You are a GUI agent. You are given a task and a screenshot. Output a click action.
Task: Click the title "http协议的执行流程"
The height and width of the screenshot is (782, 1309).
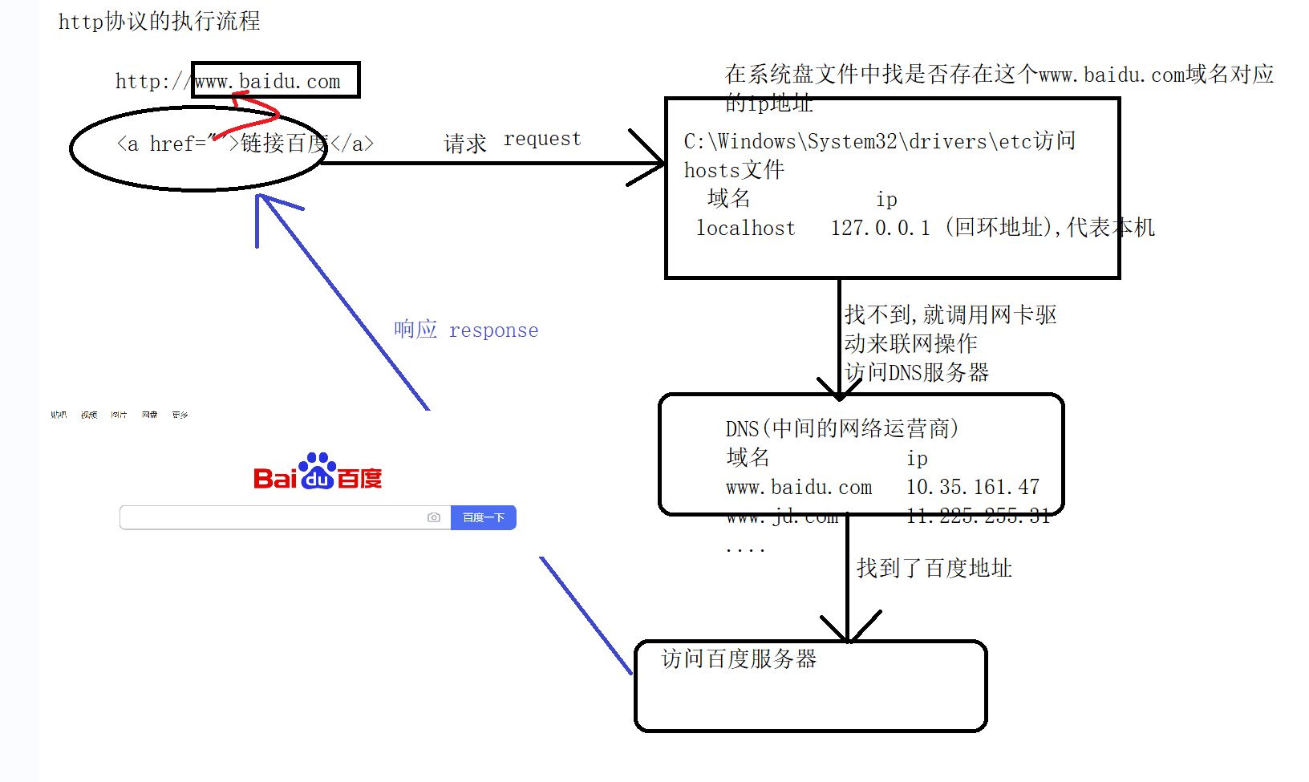[x=159, y=22]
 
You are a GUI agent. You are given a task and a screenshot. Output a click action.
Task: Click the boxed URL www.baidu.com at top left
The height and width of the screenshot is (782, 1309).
[x=268, y=81]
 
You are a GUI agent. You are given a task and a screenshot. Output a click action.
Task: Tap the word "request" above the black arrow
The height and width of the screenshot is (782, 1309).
[x=541, y=139]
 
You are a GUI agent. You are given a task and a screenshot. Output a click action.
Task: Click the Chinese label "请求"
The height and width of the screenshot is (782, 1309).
[x=465, y=144]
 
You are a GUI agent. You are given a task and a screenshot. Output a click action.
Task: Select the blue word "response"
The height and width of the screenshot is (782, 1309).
[x=493, y=330]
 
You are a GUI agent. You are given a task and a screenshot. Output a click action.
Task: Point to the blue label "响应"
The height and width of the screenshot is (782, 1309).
[x=415, y=330]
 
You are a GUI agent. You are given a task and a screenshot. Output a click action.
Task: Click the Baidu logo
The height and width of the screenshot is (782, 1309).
[x=318, y=472]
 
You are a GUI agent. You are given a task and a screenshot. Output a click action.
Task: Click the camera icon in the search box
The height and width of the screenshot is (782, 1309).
[x=434, y=517]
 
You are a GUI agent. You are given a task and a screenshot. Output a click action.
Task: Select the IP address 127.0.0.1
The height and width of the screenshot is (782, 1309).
[x=880, y=229]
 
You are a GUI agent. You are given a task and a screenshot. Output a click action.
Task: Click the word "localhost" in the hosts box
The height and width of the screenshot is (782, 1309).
[x=746, y=229]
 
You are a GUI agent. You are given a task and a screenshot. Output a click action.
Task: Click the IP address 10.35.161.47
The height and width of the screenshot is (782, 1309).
[x=972, y=487]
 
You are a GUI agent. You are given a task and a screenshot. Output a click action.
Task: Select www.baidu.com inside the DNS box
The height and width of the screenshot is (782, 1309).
[x=798, y=487]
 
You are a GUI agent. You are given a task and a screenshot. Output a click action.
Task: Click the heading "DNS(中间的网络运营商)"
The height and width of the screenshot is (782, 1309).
[x=841, y=428]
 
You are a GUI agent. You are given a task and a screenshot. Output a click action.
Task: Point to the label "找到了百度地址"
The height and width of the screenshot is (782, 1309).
[x=934, y=569]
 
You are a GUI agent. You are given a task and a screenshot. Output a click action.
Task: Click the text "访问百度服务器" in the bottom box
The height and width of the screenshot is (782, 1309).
[x=739, y=659]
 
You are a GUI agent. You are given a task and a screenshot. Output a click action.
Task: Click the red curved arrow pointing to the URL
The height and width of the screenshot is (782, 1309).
[x=255, y=112]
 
